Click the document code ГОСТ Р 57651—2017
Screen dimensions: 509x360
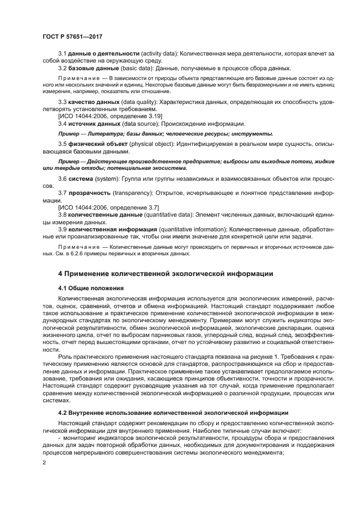[x=72, y=36]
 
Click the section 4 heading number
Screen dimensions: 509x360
[x=60, y=273]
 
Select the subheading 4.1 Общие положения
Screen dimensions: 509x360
[x=90, y=287]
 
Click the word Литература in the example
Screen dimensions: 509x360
[x=108, y=133]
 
